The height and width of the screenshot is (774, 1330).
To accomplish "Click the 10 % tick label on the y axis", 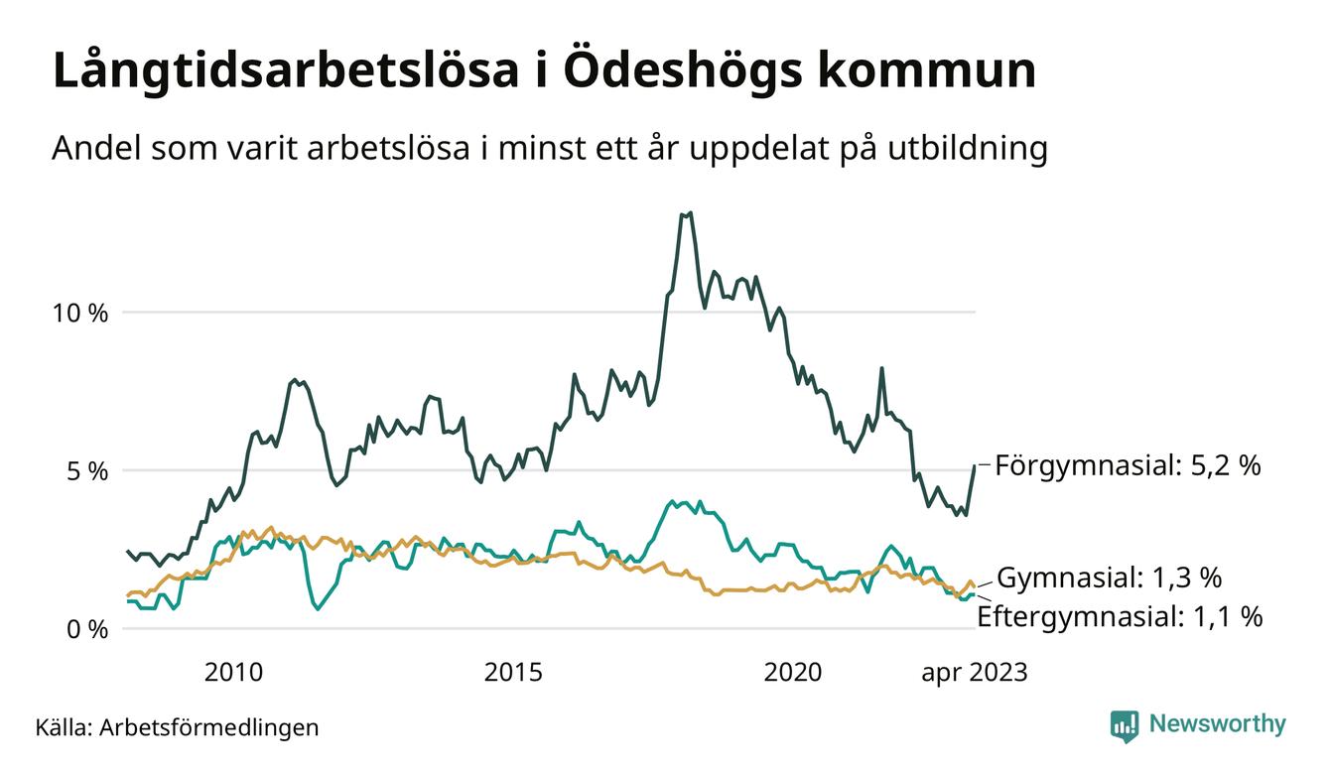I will pyautogui.click(x=79, y=313).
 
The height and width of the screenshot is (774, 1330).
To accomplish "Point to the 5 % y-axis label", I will pyautogui.click(x=84, y=470).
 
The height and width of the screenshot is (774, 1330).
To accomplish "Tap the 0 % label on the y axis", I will pyautogui.click(x=84, y=629).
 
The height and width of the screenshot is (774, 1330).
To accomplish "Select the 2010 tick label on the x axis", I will pyautogui.click(x=233, y=673).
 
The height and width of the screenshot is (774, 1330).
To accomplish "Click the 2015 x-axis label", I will pyautogui.click(x=513, y=673).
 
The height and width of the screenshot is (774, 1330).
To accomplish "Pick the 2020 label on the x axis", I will pyautogui.click(x=793, y=673).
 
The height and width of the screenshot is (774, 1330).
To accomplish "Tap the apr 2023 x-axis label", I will pyautogui.click(x=974, y=673).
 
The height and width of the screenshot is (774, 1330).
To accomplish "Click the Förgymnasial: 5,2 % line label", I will pyautogui.click(x=1128, y=464).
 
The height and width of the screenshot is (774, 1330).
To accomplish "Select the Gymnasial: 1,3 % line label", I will pyautogui.click(x=1109, y=578).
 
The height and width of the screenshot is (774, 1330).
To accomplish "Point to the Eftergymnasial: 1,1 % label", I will pyautogui.click(x=1120, y=616).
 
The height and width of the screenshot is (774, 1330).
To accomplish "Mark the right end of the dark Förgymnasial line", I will pyautogui.click(x=975, y=465).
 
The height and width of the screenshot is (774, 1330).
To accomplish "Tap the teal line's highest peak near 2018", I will pyautogui.click(x=674, y=501).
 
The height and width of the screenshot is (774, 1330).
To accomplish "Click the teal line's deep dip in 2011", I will pyautogui.click(x=318, y=607).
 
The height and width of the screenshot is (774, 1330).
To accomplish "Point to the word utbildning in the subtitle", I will pyautogui.click(x=962, y=149).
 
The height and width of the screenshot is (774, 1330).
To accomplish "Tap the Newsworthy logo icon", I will pyautogui.click(x=1124, y=725).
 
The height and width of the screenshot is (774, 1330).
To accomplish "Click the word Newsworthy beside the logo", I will pyautogui.click(x=1217, y=724).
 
